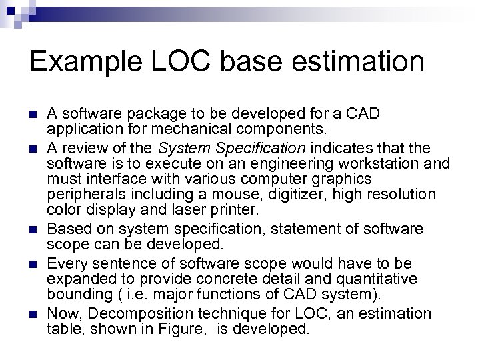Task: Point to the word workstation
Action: [x=378, y=163]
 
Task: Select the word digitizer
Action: [x=283, y=195]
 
